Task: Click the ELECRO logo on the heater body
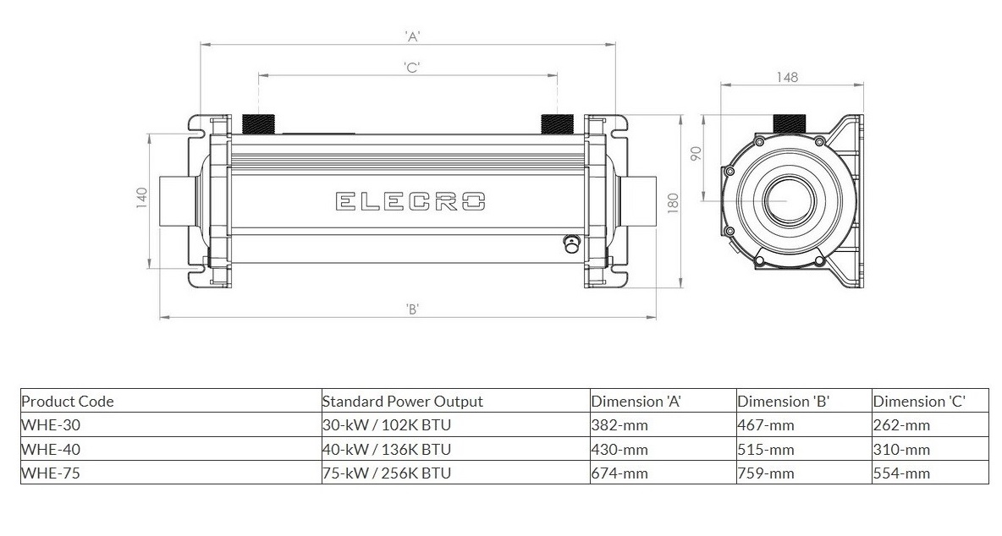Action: coord(410,202)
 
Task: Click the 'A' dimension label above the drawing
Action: coord(413,36)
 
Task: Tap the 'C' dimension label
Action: coord(412,67)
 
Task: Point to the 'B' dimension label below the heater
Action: coord(413,309)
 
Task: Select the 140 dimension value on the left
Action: coord(142,195)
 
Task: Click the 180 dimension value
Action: coord(672,203)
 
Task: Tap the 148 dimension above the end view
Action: coord(787,77)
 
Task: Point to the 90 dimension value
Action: coord(696,154)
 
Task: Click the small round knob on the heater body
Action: coord(570,243)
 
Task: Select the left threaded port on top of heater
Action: coord(258,123)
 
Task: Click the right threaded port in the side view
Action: coord(557,123)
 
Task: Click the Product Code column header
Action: coord(68,402)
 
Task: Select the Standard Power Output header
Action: coord(403,402)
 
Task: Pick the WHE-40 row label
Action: coord(51,449)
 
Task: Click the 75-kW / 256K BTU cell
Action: coord(387,473)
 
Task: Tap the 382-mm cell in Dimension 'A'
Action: coord(619,425)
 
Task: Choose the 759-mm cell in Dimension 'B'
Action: coord(766,473)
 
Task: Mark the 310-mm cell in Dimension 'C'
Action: coord(901,449)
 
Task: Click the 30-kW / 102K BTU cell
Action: coord(387,425)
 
